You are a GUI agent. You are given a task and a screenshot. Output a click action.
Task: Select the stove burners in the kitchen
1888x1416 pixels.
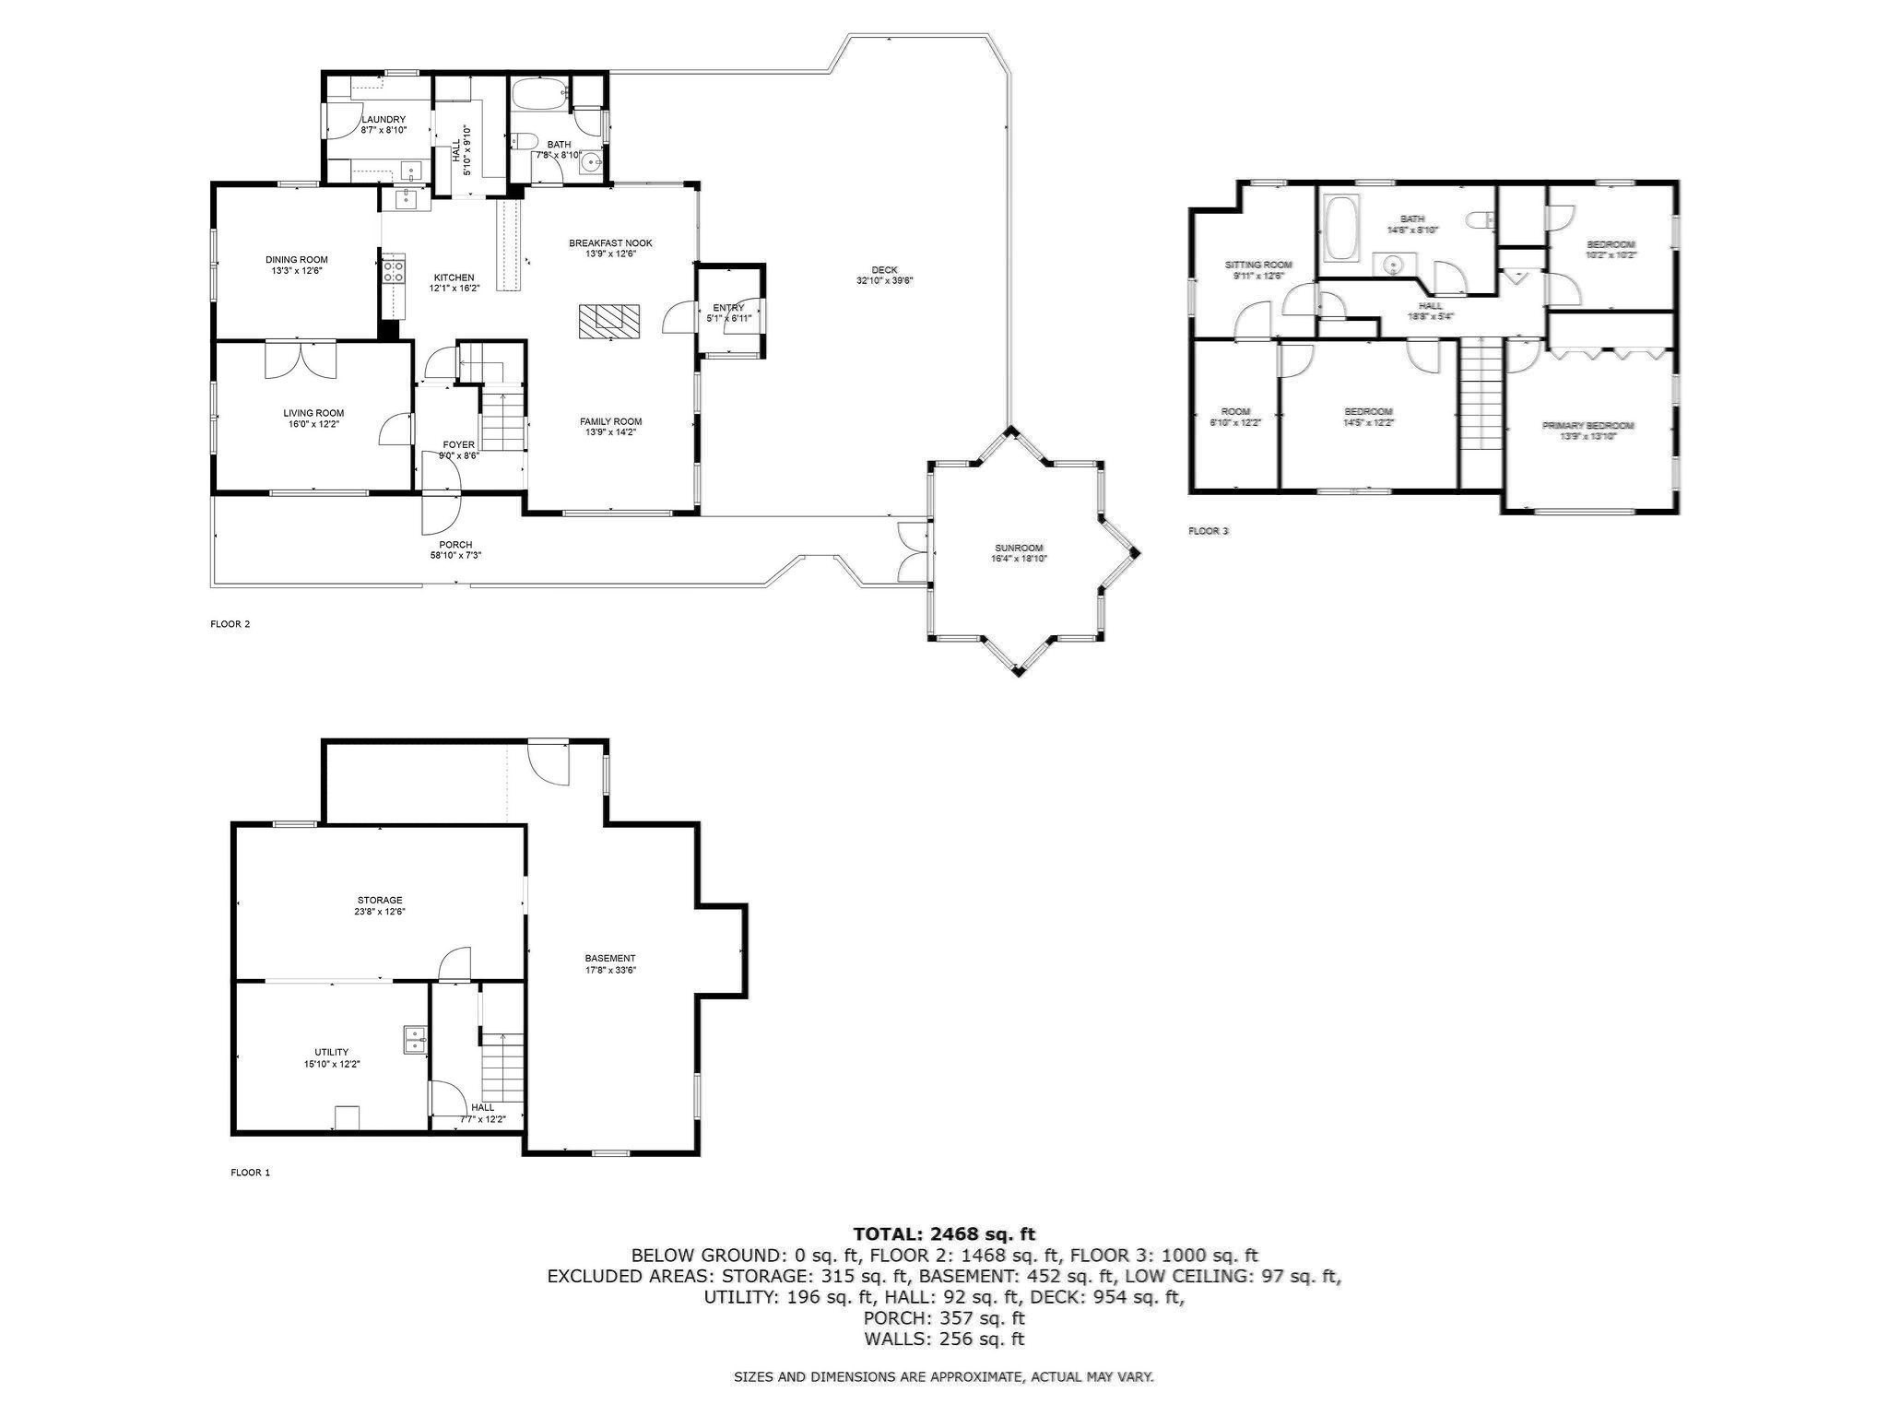[394, 271]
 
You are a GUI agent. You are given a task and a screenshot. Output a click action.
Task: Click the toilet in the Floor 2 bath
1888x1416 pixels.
[525, 141]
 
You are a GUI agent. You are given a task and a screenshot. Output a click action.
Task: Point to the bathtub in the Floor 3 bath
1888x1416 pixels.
[1339, 228]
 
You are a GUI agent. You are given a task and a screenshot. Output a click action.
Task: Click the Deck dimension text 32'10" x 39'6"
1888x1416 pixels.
[884, 281]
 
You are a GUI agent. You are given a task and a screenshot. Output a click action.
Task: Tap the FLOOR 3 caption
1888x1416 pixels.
[1208, 531]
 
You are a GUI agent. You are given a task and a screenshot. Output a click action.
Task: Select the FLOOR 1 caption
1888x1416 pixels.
[250, 1173]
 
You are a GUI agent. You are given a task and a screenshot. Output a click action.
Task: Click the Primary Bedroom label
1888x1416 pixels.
[1587, 426]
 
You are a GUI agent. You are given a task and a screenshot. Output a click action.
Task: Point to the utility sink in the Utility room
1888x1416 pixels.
[414, 1040]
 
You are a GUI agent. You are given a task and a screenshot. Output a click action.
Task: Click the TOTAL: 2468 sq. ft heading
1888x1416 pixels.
[944, 1233]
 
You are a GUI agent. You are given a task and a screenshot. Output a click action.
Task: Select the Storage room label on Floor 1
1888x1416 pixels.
[380, 900]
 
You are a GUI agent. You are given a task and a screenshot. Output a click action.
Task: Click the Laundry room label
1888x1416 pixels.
[383, 120]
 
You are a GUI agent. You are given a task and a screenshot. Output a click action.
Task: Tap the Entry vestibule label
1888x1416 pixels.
[727, 308]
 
